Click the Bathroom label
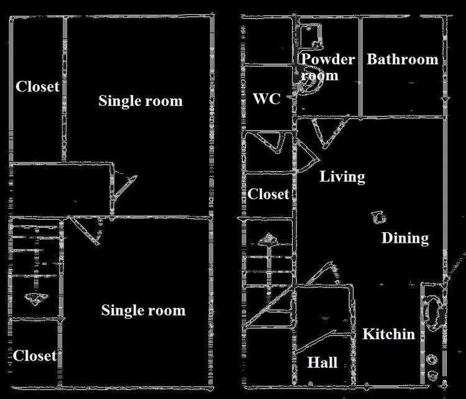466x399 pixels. [x=402, y=60]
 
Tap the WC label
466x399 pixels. [x=267, y=99]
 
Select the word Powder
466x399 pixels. [x=327, y=60]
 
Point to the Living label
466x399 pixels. [x=342, y=177]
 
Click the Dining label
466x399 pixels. [x=404, y=238]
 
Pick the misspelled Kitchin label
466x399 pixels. [x=388, y=334]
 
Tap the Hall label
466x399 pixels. [x=322, y=362]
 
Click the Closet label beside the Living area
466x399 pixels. [x=268, y=194]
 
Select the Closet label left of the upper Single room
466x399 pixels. [x=37, y=87]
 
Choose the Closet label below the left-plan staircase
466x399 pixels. [x=35, y=356]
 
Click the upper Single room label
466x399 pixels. [x=140, y=101]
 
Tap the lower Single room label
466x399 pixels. [x=143, y=310]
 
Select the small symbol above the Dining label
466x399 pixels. [x=377, y=217]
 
